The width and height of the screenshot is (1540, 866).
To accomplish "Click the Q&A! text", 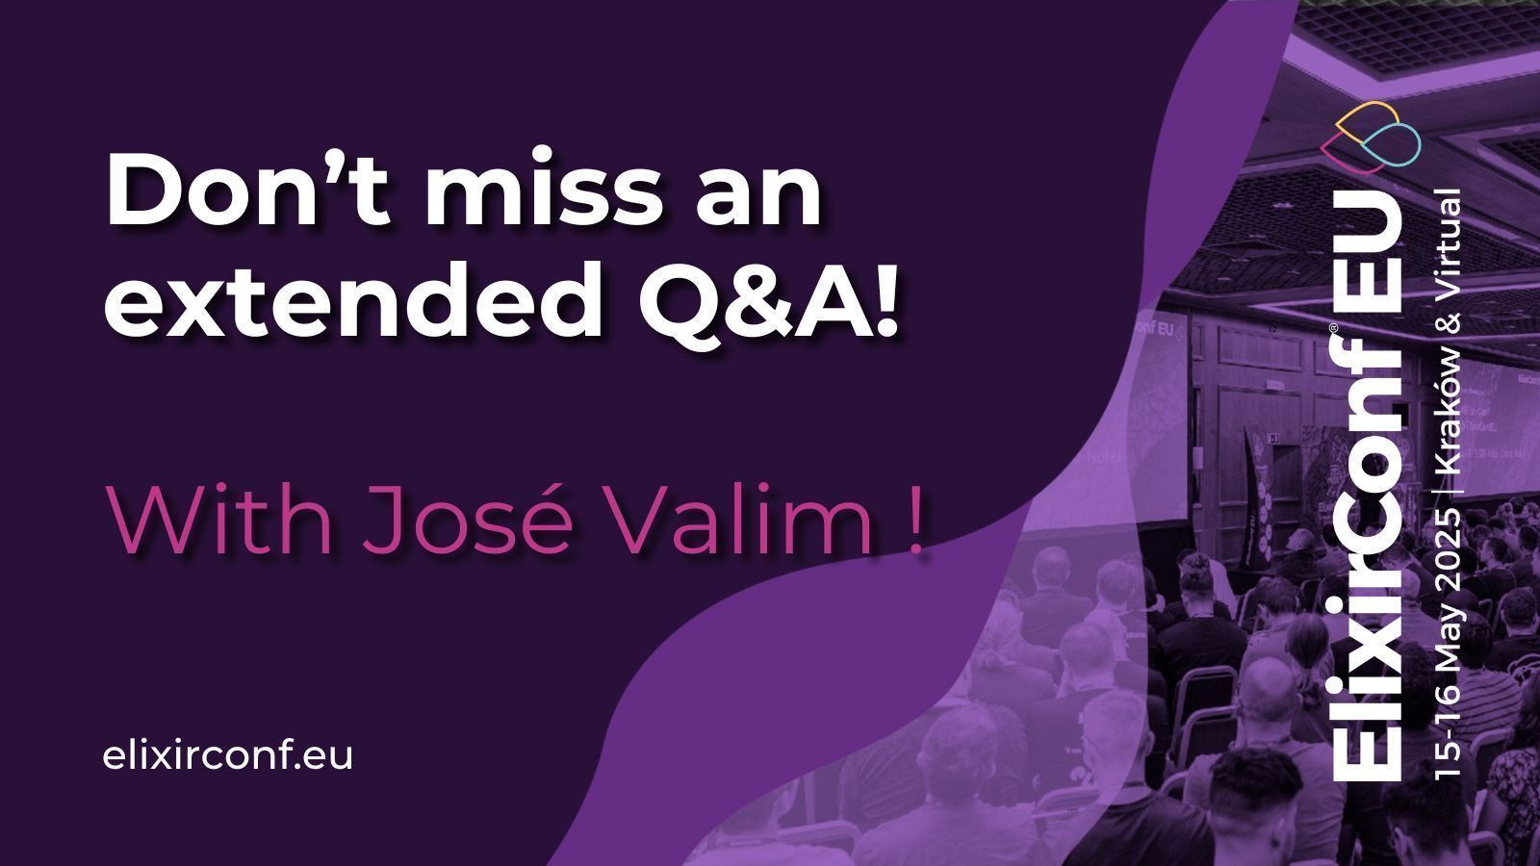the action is click(x=769, y=299).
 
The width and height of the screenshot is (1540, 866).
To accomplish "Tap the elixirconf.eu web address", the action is click(x=227, y=755).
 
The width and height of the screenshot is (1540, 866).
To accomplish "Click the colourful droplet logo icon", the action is click(x=1371, y=137).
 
